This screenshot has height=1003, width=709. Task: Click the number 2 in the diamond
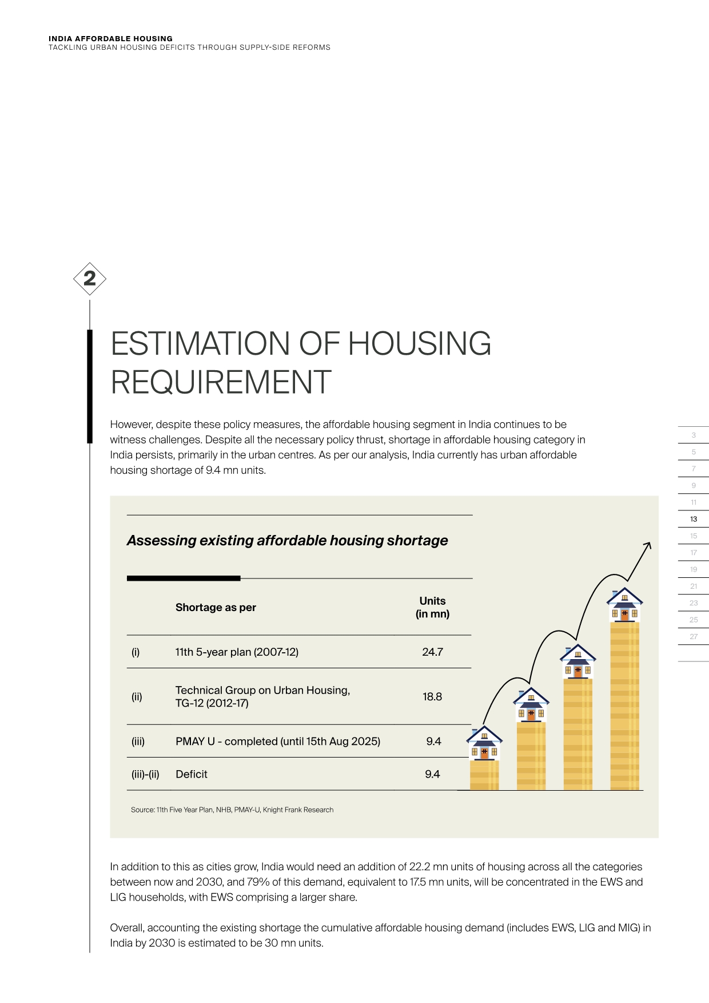(90, 279)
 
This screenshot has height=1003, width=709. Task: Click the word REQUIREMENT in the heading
(221, 382)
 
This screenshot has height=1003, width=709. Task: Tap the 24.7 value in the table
(432, 652)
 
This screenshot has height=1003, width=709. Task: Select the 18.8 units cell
(432, 696)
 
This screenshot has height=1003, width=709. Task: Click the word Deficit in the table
(192, 774)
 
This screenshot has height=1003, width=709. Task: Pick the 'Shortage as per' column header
(216, 607)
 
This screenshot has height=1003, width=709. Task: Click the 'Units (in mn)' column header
(432, 607)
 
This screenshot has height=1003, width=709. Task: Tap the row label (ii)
(137, 696)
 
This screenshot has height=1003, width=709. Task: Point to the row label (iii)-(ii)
(145, 774)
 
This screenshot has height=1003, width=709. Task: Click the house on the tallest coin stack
(624, 605)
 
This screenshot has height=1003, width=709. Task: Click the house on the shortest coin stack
(484, 743)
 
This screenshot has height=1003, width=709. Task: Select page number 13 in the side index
(694, 519)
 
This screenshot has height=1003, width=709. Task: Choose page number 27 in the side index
(694, 636)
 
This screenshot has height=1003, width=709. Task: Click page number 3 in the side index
(694, 435)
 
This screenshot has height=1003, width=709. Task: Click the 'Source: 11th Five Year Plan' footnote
(232, 810)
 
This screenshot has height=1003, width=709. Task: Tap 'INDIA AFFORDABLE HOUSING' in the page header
(110, 39)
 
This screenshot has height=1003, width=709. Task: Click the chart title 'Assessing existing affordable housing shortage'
(287, 541)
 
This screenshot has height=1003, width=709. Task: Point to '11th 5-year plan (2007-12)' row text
(237, 652)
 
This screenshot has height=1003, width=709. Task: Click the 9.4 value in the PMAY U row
(433, 741)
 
